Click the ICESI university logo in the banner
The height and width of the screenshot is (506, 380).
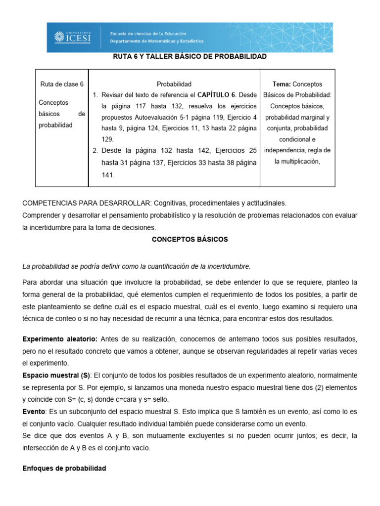tap(73, 37)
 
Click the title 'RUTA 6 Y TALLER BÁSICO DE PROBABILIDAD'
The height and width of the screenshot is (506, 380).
tap(190, 57)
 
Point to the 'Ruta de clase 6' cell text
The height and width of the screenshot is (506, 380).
tap(62, 84)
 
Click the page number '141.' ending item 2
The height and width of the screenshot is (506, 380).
tap(108, 174)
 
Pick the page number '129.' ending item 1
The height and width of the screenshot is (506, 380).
tap(108, 140)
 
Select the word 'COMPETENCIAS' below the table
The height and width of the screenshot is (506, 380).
tap(48, 203)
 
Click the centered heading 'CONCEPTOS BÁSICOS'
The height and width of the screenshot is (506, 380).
tap(190, 239)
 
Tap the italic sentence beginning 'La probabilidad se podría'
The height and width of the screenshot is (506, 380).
tap(137, 267)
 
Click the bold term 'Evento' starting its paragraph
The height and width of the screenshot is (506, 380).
tap(34, 412)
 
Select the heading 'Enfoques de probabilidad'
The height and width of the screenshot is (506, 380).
tap(64, 468)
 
